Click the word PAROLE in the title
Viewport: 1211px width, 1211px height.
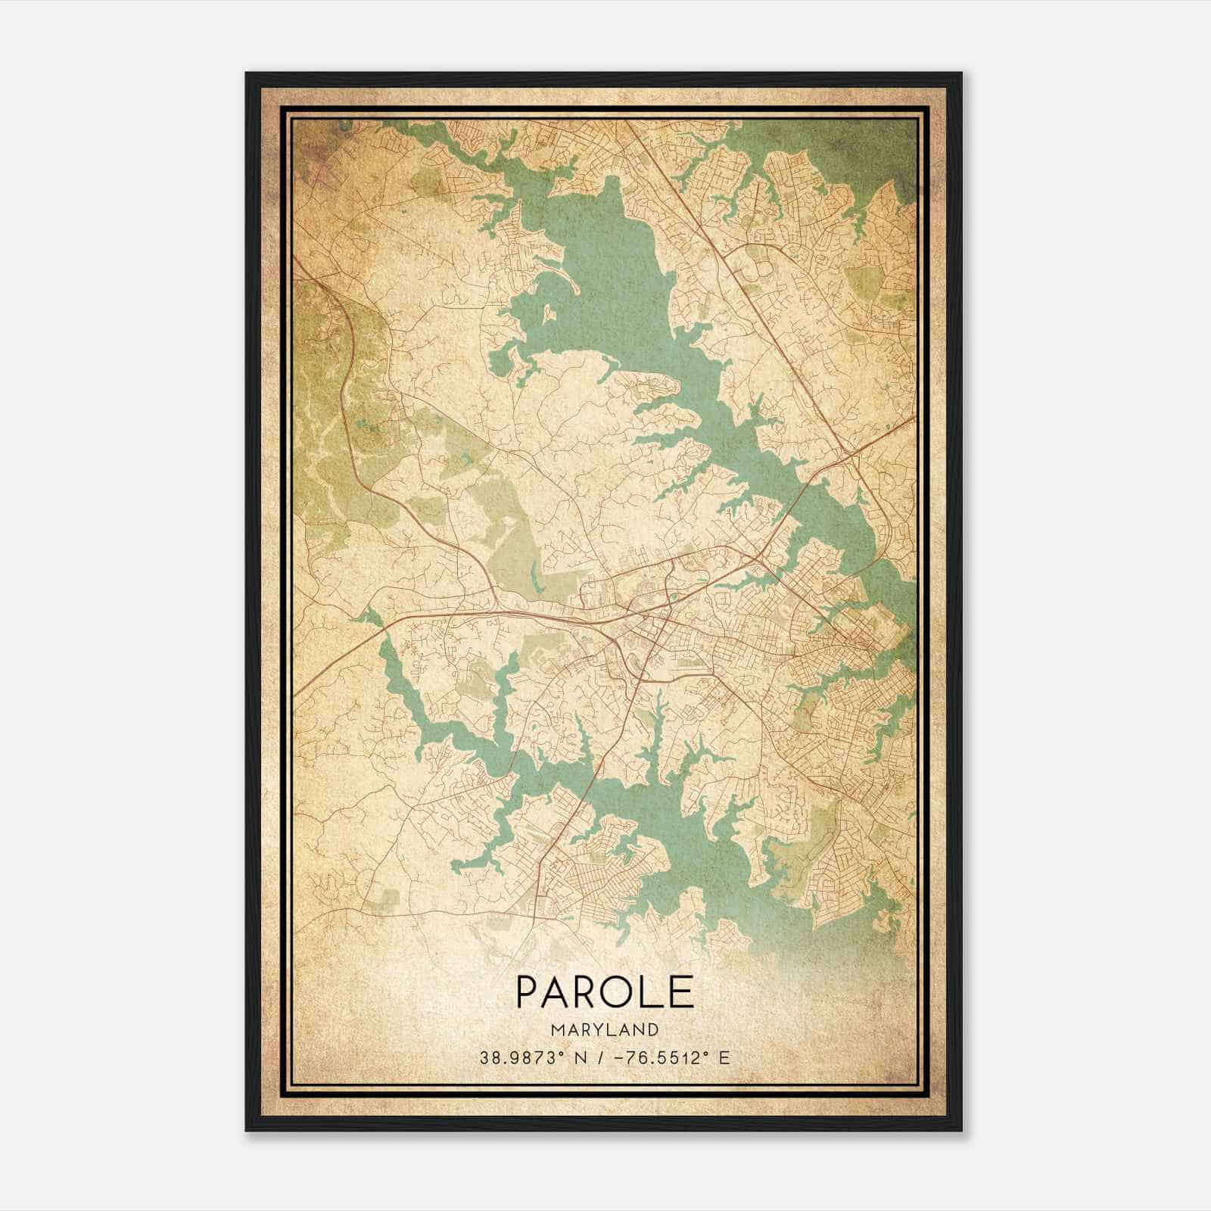point(605,991)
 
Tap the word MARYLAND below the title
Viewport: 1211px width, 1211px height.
point(605,1030)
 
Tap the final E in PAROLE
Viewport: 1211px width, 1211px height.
point(683,991)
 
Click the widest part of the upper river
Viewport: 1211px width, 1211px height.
point(605,288)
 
